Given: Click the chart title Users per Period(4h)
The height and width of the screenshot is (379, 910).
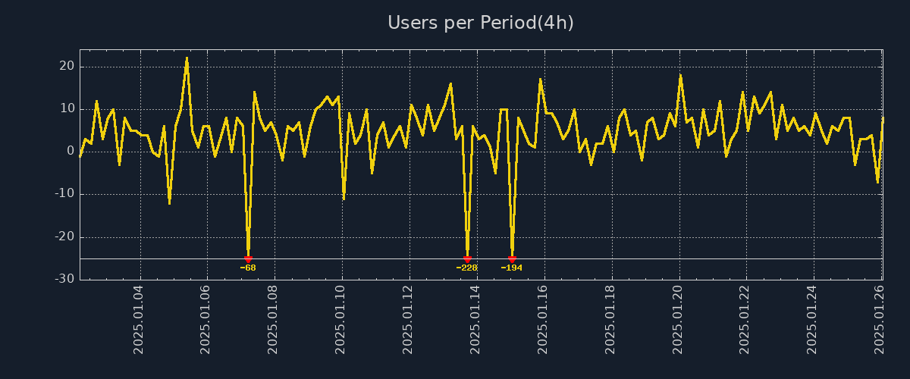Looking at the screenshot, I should [481, 23].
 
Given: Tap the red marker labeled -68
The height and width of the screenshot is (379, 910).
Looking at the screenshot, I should [248, 259].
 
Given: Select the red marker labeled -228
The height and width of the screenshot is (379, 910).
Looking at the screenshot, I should [467, 259].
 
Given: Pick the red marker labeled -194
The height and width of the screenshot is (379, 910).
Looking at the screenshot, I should [512, 259].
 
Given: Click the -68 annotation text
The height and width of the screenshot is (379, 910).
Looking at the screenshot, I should [248, 268].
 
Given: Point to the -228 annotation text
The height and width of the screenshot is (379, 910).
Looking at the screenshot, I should [467, 268].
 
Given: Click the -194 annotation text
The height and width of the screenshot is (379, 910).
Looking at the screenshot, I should [512, 268].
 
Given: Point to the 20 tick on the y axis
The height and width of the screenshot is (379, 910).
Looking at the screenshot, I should [67, 67].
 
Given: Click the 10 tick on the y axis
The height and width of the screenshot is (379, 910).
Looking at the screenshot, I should [67, 109].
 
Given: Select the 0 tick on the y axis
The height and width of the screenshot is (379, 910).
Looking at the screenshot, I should [71, 152].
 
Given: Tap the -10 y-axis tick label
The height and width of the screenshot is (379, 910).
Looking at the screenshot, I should [64, 194].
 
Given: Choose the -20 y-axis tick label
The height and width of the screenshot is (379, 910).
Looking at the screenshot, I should [64, 236].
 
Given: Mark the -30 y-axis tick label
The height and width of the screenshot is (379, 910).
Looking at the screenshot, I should [64, 279].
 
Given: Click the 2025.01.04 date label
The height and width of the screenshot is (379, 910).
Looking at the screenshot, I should [139, 319].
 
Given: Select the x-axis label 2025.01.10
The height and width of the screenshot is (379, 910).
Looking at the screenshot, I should [341, 319].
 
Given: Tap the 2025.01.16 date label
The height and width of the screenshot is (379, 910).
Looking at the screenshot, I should [544, 319].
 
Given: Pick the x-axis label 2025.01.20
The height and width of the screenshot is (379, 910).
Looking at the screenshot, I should [679, 319].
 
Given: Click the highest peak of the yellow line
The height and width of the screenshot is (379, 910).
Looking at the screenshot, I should [187, 58].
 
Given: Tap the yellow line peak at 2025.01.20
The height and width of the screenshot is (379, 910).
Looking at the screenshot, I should [680, 75].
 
